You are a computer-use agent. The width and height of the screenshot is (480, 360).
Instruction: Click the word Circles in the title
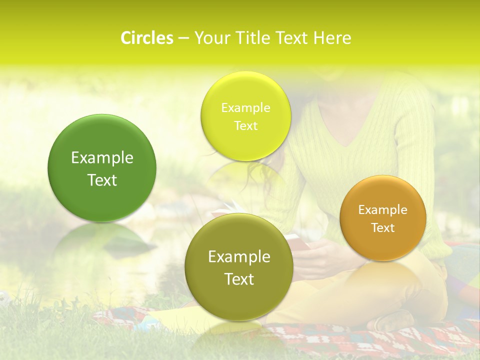click(x=146, y=38)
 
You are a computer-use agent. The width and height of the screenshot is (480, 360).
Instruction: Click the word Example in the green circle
click(x=102, y=158)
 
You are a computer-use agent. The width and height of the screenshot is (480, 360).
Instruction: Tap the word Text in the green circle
click(x=102, y=180)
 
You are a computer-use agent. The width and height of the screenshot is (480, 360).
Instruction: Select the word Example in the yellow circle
click(x=245, y=108)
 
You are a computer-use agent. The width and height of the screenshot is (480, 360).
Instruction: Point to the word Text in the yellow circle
click(x=245, y=125)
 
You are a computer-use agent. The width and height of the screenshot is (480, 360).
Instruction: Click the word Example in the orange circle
click(x=383, y=210)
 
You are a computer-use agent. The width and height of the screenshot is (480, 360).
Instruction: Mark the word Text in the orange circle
click(x=383, y=228)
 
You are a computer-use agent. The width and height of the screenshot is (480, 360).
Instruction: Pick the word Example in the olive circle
click(x=239, y=257)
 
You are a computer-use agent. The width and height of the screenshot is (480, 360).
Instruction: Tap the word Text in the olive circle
click(x=239, y=279)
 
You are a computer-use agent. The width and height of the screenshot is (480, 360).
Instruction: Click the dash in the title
click(x=183, y=38)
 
